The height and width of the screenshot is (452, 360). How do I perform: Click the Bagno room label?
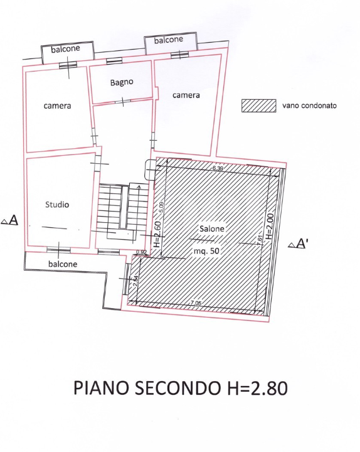tap(122, 82)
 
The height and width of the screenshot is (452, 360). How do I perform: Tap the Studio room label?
tap(57, 205)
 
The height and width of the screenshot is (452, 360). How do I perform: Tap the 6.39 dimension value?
tap(218, 168)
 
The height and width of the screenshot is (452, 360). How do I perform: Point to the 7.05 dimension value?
tap(197, 303)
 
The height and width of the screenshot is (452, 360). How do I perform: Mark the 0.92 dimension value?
tap(141, 252)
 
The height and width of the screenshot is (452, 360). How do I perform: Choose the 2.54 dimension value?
tap(135, 282)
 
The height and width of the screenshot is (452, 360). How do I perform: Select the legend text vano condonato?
tap(310, 105)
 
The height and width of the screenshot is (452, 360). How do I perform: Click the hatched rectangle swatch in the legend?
tap(259, 105)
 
